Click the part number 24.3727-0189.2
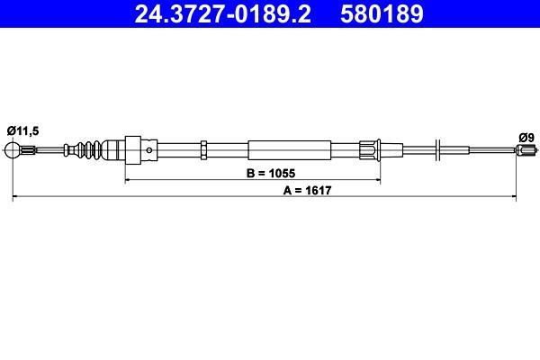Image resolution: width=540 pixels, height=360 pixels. point(223,13)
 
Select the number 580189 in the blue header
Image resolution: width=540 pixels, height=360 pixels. point(382,13)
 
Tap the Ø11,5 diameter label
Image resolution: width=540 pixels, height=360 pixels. point(22,130)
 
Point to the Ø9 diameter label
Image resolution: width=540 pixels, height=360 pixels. point(526,138)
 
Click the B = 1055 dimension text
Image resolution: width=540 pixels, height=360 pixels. point(271,174)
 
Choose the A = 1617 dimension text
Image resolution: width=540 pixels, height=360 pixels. point(307,190)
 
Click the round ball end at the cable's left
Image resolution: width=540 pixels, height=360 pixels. point(13,150)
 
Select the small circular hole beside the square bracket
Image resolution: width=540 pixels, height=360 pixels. point(149,150)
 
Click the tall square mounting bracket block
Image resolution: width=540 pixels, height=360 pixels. point(133,150)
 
